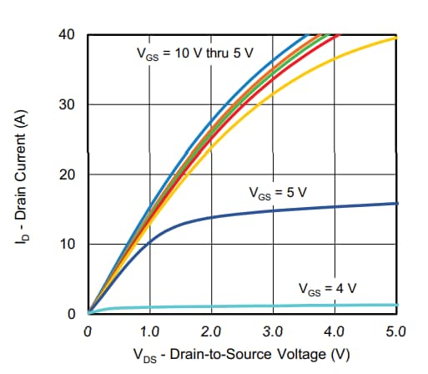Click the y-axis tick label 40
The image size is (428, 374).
tap(67, 35)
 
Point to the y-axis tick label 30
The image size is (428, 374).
tap(67, 105)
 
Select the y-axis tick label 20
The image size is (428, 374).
tap(67, 174)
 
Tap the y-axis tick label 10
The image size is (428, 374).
tap(67, 245)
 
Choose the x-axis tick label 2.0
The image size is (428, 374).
tap(211, 331)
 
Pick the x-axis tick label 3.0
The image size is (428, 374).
tap(273, 331)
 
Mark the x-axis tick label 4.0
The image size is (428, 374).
tap(335, 331)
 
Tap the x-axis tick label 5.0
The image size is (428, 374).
tap(396, 331)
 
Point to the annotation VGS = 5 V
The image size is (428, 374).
tap(278, 192)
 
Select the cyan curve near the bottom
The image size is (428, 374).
tap(250, 306)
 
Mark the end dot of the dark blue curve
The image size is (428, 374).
tap(396, 203)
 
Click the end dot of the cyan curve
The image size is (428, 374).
tap(396, 306)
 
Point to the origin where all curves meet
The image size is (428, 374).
tap(88, 314)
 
